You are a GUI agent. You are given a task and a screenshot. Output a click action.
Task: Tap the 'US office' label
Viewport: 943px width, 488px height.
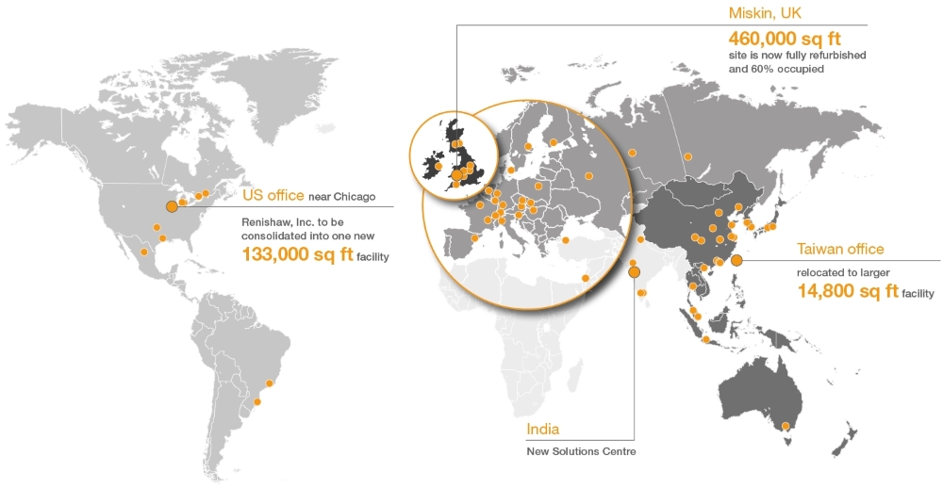pyautogui.click(x=273, y=195)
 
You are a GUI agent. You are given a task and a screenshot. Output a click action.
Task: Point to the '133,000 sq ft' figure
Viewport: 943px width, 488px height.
pyautogui.click(x=296, y=254)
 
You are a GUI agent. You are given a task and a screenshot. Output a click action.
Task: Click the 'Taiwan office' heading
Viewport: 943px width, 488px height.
pyautogui.click(x=840, y=249)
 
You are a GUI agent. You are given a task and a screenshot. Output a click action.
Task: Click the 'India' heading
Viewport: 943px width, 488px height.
pyautogui.click(x=542, y=430)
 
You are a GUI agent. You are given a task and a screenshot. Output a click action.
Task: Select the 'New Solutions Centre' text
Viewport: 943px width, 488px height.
pyautogui.click(x=581, y=451)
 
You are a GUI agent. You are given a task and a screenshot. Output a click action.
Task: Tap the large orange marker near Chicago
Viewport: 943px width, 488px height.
pyautogui.click(x=172, y=206)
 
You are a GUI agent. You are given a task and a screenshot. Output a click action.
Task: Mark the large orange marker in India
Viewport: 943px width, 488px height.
pyautogui.click(x=634, y=272)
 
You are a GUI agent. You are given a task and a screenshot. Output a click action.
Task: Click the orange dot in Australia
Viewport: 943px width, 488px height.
pyautogui.click(x=785, y=427)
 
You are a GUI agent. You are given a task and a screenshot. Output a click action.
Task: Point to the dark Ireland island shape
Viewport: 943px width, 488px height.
pyautogui.click(x=433, y=168)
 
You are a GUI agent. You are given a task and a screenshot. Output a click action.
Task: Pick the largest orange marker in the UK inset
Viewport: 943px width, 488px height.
pyautogui.click(x=456, y=174)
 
